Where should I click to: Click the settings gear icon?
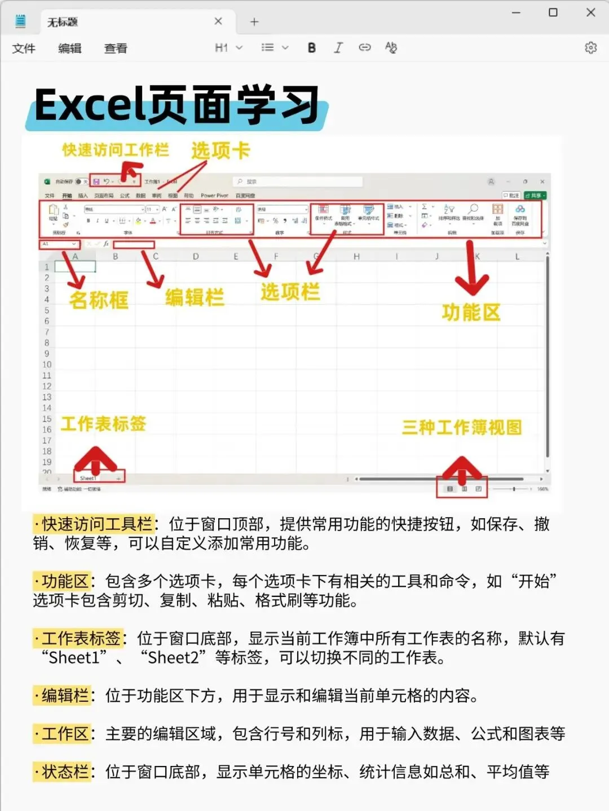click(x=590, y=48)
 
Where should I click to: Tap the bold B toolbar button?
click(x=312, y=48)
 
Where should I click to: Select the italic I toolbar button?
click(x=338, y=48)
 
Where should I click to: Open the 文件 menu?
click(x=24, y=48)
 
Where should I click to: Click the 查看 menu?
click(x=116, y=48)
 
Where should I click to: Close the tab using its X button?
click(x=218, y=21)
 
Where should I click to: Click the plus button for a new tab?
click(x=254, y=22)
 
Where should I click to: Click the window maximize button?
click(x=553, y=12)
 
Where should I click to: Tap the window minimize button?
click(x=516, y=12)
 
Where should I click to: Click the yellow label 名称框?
click(x=99, y=300)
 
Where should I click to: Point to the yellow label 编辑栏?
click(x=195, y=297)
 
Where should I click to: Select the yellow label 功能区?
click(x=471, y=311)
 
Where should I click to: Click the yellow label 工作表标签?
click(x=103, y=424)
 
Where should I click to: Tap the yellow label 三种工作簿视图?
click(x=462, y=427)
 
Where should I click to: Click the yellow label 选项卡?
click(x=220, y=150)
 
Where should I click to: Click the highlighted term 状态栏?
click(x=65, y=772)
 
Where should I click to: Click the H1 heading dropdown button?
click(x=228, y=48)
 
